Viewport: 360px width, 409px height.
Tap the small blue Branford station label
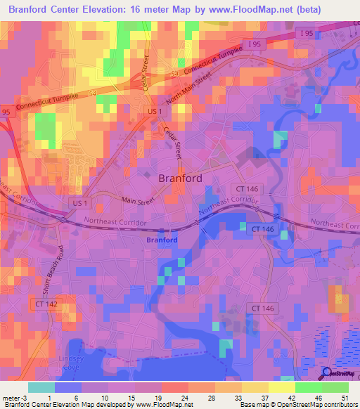pyautogui.click(x=161, y=240)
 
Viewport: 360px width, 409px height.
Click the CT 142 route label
pyautogui.click(x=44, y=303)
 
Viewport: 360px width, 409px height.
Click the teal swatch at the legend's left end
pyautogui.click(x=41, y=387)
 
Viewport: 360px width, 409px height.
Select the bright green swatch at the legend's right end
pyautogui.click(x=335, y=387)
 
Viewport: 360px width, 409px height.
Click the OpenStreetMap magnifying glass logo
pyautogui.click(x=328, y=374)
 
